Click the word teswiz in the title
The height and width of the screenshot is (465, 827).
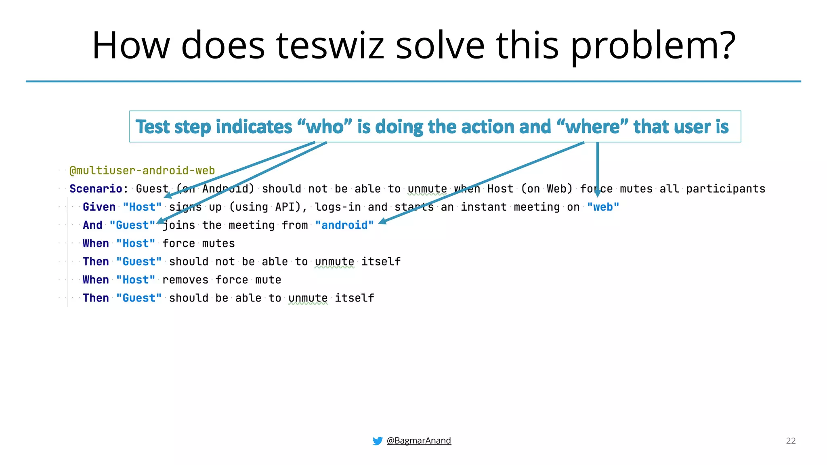(330, 45)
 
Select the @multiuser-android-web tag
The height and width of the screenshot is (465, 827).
(142, 170)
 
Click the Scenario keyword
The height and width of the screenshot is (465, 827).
(96, 189)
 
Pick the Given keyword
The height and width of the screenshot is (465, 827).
(99, 207)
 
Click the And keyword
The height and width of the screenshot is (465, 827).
(92, 225)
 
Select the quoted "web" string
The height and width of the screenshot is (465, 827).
(603, 207)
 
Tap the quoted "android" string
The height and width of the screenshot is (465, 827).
(344, 225)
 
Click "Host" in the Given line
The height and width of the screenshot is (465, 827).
(142, 207)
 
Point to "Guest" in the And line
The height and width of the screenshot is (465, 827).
(132, 225)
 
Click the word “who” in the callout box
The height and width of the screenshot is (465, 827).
(325, 127)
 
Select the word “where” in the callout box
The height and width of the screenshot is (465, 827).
(592, 127)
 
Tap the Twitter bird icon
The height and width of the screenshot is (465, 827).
(377, 441)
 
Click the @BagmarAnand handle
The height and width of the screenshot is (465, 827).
(419, 440)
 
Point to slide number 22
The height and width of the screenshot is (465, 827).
(791, 441)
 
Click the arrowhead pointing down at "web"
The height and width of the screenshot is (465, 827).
(598, 194)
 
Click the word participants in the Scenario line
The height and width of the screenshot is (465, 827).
(725, 189)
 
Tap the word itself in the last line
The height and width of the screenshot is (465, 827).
(354, 298)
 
